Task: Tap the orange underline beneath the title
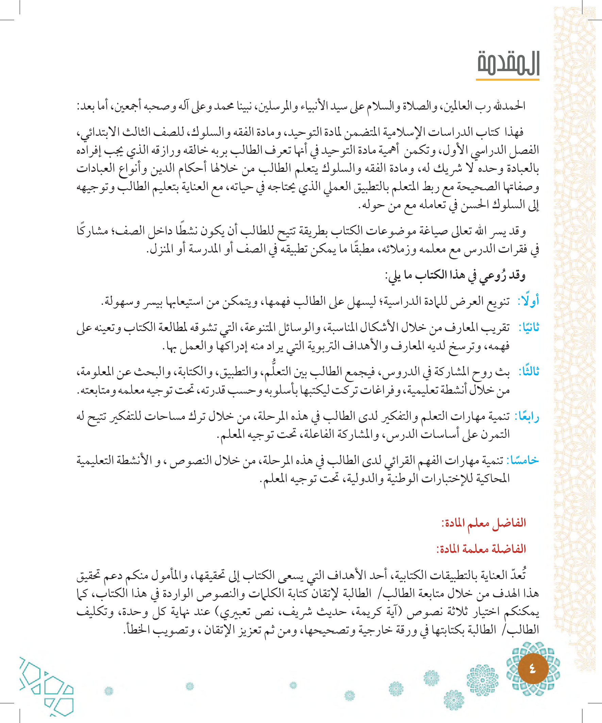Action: [507, 80]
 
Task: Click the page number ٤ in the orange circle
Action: [533, 669]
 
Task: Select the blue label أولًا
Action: [529, 300]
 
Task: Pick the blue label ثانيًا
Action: [529, 327]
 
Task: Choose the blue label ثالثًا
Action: [529, 371]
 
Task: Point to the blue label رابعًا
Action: [526, 416]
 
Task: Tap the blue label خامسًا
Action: [524, 460]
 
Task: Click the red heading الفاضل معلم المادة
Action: [484, 523]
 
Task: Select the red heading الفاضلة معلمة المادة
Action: [481, 549]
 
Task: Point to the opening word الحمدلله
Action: [509, 106]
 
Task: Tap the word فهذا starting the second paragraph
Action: [514, 132]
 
